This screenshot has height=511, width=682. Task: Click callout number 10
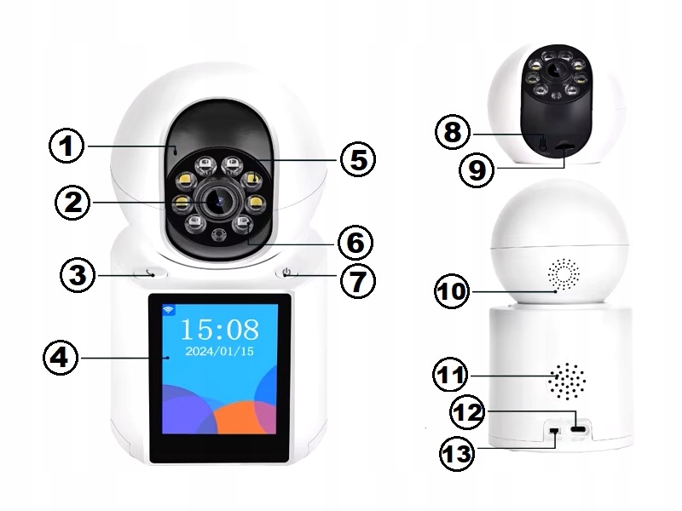(452, 290)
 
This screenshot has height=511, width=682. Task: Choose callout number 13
(458, 452)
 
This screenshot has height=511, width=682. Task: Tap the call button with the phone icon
(151, 273)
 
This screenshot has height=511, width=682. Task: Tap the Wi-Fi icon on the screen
(168, 310)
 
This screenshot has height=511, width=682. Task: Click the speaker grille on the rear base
(567, 382)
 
